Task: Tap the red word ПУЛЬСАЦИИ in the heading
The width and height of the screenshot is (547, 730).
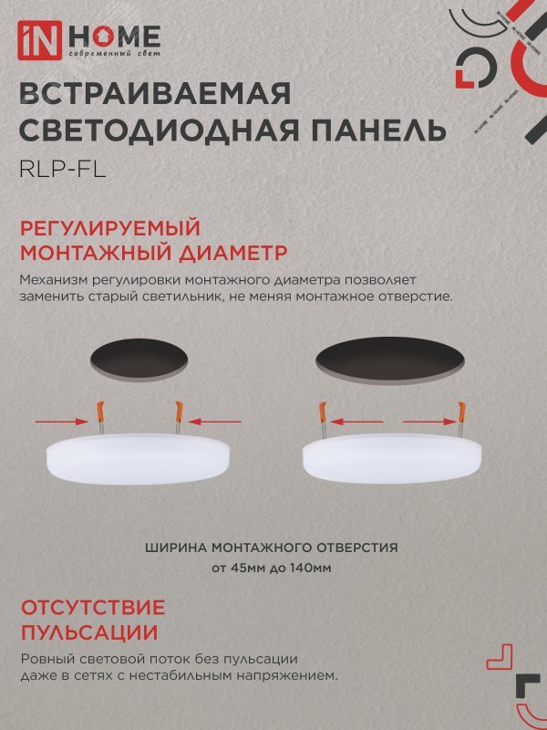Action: [x=88, y=632]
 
